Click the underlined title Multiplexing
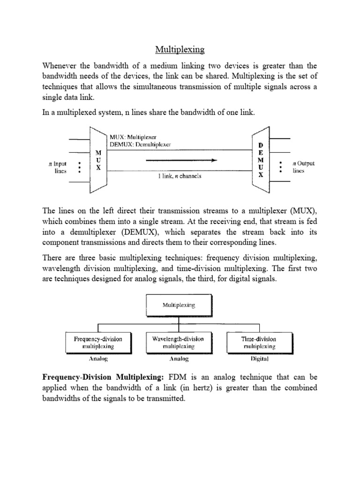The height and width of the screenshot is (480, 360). (180, 49)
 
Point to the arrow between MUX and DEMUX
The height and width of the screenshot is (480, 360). (182, 160)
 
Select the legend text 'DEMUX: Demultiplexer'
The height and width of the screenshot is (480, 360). (140, 144)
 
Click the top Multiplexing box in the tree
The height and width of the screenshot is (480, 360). (179, 305)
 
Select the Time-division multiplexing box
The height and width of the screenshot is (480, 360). (258, 343)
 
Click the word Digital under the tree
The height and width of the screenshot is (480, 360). (258, 359)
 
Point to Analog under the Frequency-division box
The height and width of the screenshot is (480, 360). (98, 359)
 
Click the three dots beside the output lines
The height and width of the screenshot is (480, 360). (280, 167)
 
